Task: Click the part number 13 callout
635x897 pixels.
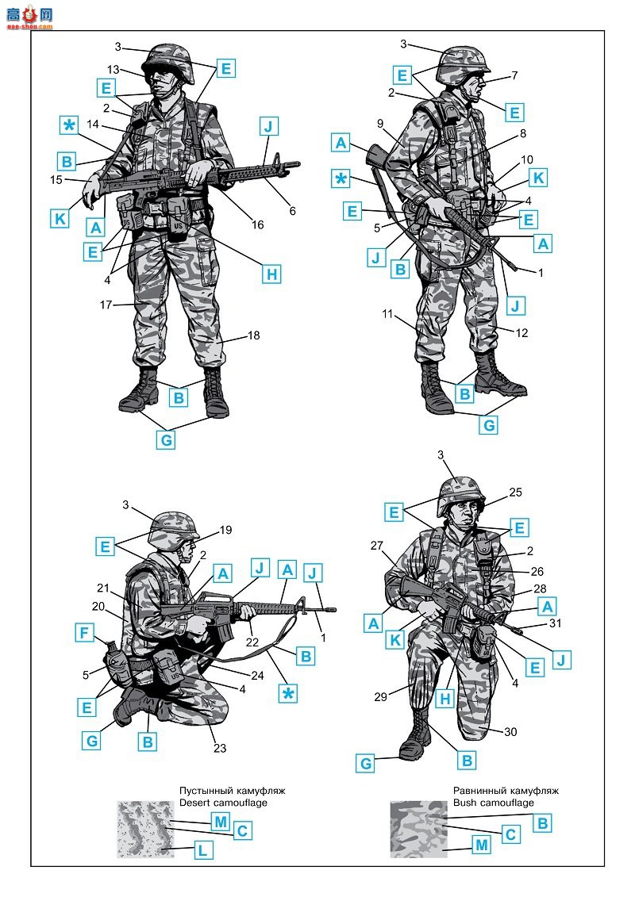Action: tap(114, 69)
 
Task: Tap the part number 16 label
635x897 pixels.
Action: tap(258, 224)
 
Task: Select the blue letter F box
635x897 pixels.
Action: tap(84, 633)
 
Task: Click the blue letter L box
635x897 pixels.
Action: tap(202, 850)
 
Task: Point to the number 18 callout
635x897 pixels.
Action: tap(254, 335)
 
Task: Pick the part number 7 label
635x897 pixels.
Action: tap(514, 75)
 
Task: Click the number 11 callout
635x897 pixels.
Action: tap(387, 313)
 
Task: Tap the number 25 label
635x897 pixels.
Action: tap(515, 492)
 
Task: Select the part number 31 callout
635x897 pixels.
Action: tap(555, 623)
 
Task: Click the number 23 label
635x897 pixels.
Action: tap(220, 748)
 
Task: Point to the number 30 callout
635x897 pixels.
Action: tap(510, 732)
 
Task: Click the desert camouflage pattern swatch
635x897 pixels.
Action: tap(145, 829)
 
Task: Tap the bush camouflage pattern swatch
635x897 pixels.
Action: tap(418, 829)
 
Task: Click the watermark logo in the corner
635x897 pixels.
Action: tap(30, 17)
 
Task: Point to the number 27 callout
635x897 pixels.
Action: tap(376, 545)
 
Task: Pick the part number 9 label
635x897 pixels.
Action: tap(380, 123)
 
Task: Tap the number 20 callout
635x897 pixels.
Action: tap(98, 606)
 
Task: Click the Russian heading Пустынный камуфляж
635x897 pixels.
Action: tap(232, 791)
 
